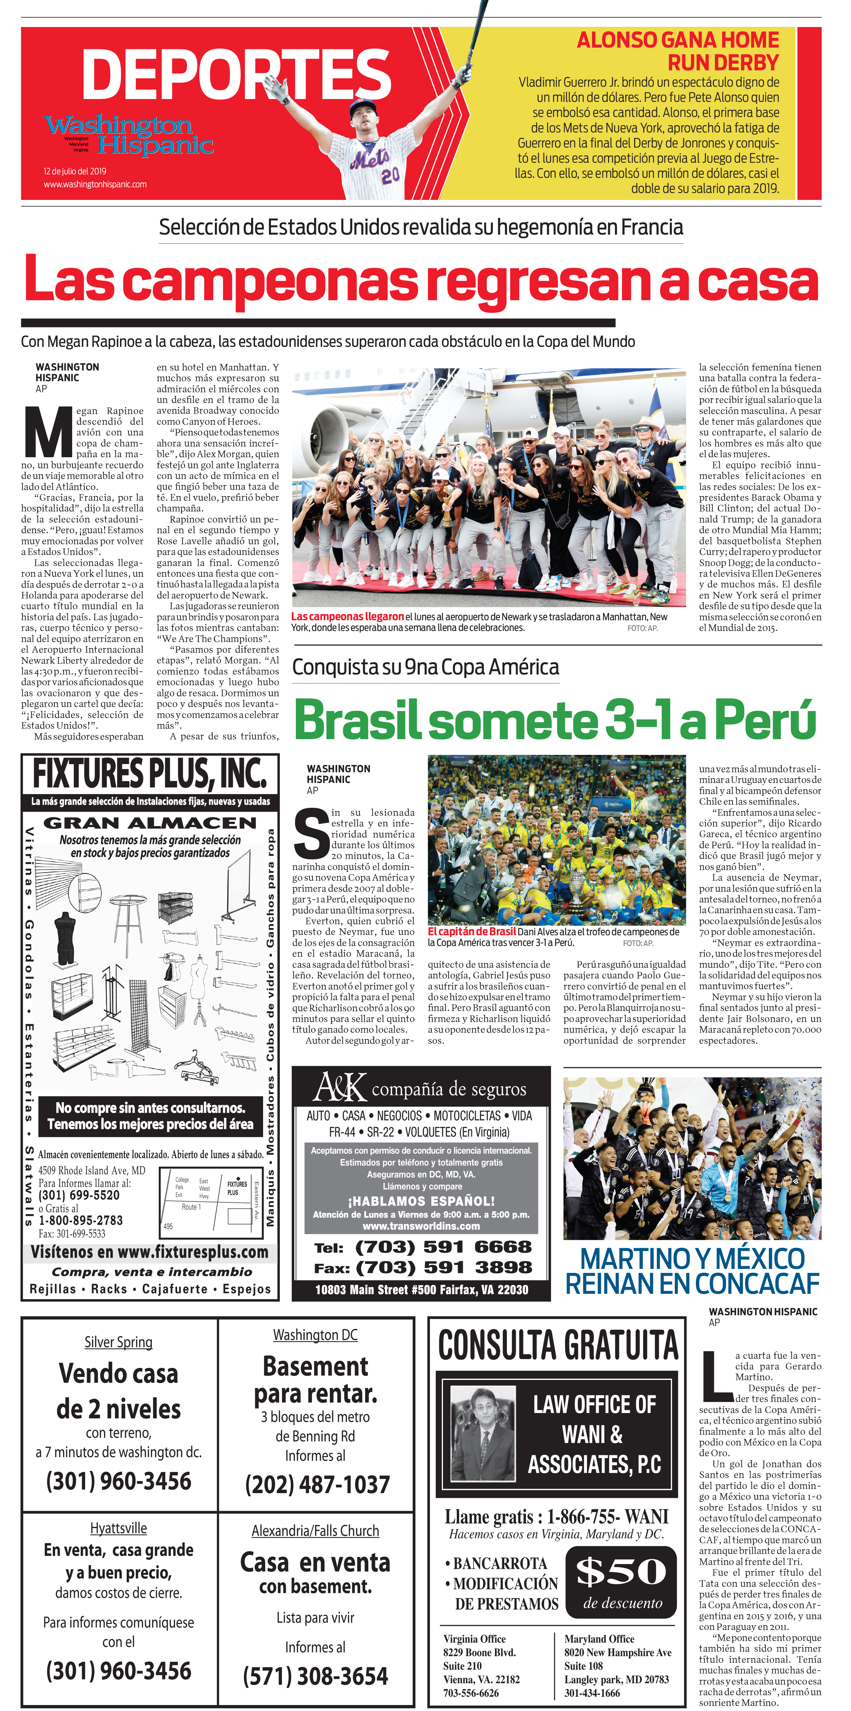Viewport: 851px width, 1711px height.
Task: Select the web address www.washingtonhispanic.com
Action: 95,185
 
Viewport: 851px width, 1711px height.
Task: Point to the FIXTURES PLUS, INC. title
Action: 150,774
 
